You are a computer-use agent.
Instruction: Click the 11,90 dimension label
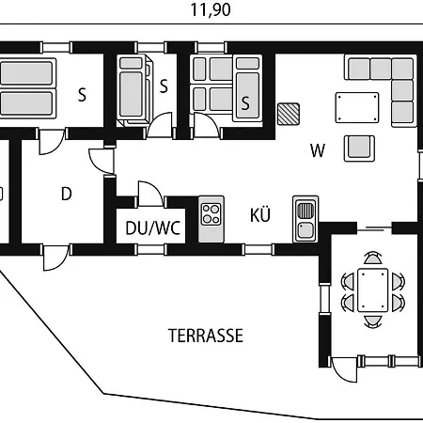[211, 9]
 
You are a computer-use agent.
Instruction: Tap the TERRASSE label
[206, 336]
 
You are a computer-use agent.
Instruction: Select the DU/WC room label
[153, 228]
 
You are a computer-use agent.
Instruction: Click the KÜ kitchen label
[260, 215]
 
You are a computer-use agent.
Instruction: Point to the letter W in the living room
[318, 150]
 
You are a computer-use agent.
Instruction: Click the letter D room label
[67, 194]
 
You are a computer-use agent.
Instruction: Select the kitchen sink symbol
[305, 219]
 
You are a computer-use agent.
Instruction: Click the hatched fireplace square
[289, 114]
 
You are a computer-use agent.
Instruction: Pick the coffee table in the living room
[357, 107]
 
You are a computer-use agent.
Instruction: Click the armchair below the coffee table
[359, 149]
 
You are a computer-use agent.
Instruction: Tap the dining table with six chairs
[373, 290]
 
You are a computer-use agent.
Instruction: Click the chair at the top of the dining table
[373, 258]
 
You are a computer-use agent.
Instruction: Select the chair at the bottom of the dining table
[373, 321]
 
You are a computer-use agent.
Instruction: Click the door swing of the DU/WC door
[150, 194]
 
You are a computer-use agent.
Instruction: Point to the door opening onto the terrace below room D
[56, 258]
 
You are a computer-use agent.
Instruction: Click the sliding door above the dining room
[374, 228]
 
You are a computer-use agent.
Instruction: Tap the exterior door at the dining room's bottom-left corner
[344, 369]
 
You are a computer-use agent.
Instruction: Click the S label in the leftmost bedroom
[82, 94]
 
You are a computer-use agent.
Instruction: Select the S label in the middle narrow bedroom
[164, 86]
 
